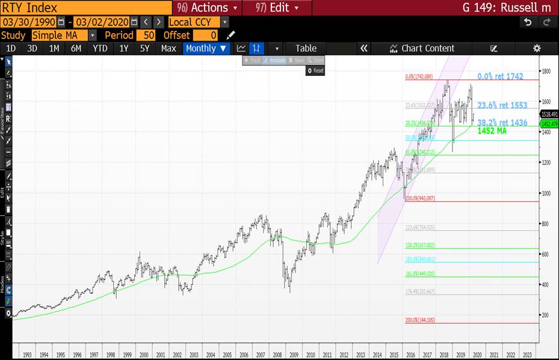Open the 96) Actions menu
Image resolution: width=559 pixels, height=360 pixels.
coord(208,8)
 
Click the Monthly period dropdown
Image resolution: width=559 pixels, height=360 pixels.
coord(206,49)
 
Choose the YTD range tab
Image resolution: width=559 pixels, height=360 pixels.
coord(100,49)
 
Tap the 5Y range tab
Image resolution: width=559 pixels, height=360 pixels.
coord(144,49)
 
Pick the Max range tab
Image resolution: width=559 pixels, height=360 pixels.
coord(168,49)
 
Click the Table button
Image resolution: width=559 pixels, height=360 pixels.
coord(306,49)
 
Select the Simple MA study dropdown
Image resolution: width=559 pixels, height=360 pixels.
coord(63,36)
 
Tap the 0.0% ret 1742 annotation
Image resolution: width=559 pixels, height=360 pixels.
coord(500,76)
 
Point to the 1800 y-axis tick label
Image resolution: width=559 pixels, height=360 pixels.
coord(546,72)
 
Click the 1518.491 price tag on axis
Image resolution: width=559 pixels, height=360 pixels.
coord(549,114)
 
